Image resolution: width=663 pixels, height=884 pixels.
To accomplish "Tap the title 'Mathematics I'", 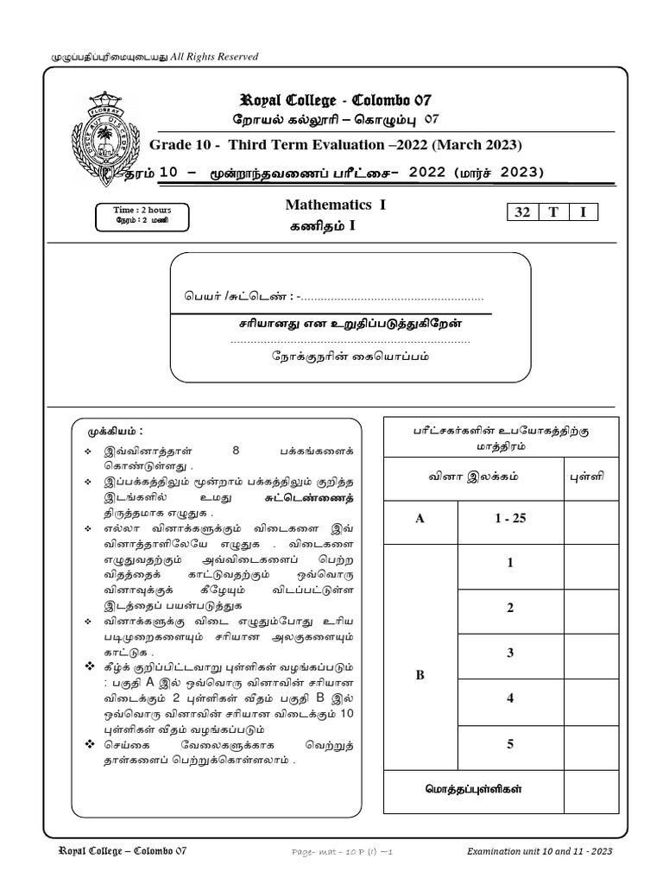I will (327, 205).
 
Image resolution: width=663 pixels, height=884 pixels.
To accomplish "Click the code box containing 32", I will (522, 213).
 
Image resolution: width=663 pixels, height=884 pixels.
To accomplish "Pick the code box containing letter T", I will (553, 213).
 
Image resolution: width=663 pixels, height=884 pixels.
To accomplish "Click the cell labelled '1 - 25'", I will (510, 521).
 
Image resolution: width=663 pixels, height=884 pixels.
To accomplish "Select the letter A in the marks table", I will (420, 521).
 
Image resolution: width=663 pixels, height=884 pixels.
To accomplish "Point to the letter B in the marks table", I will (420, 675).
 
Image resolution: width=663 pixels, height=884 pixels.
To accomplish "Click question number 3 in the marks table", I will (510, 653).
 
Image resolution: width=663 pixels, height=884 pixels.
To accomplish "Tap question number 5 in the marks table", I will (510, 742).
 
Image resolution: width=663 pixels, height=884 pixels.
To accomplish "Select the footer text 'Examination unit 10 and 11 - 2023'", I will (540, 851).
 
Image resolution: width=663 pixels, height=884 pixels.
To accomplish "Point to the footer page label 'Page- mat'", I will (315, 852).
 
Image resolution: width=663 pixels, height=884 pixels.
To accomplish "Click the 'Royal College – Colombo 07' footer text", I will (121, 851).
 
